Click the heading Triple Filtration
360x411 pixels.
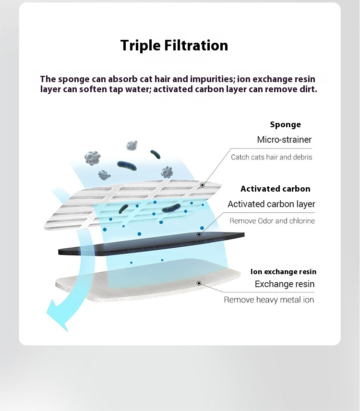click(174, 46)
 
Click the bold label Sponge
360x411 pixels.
click(285, 125)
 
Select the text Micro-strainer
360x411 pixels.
click(284, 140)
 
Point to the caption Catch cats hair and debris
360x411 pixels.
click(272, 157)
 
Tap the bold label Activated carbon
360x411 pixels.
click(276, 189)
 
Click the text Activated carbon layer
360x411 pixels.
click(271, 204)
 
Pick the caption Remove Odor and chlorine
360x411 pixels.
click(272, 221)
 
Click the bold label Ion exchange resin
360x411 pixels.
click(283, 272)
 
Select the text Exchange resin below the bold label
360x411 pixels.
click(285, 284)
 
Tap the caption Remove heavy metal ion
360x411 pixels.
click(269, 300)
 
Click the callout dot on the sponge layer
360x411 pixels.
click(202, 185)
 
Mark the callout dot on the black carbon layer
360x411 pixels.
click(199, 234)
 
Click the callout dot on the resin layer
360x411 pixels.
click(199, 283)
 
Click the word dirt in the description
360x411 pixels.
click(308, 89)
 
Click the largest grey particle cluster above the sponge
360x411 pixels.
click(93, 158)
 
